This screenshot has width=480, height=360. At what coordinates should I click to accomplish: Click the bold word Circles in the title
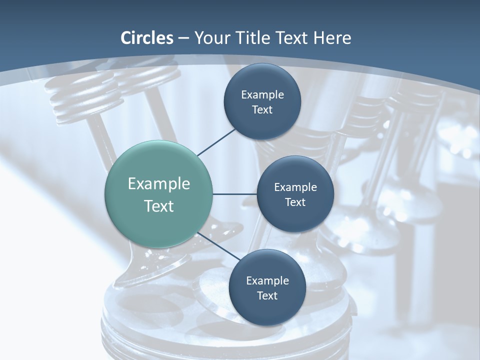click(147, 38)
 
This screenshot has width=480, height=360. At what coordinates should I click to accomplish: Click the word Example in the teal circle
click(159, 184)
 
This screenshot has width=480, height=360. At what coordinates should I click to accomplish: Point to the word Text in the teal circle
click(159, 206)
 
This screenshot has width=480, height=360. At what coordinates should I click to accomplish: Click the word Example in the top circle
click(262, 95)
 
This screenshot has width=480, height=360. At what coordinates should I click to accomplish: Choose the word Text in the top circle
click(262, 110)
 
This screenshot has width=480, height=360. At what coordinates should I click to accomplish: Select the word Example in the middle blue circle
click(295, 187)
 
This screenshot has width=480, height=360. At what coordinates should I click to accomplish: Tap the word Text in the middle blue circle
click(295, 202)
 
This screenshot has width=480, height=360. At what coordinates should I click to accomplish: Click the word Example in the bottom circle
click(267, 281)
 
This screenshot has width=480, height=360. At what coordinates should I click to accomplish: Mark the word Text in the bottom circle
click(267, 296)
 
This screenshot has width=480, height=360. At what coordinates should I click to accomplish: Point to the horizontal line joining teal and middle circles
click(235, 194)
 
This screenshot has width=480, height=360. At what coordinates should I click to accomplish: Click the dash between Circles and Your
click(183, 38)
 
